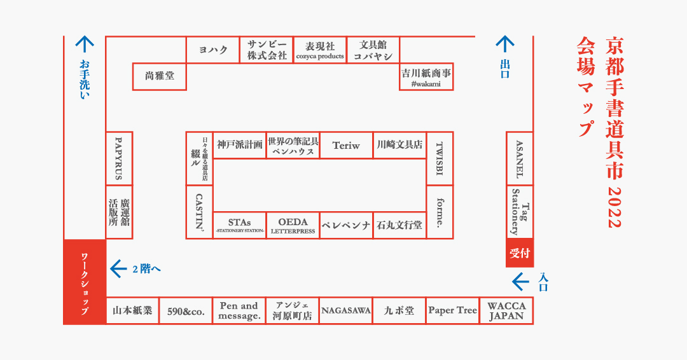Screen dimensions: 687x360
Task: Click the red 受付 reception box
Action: pyautogui.click(x=520, y=253)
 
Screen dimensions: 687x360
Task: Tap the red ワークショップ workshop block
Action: pyautogui.click(x=85, y=282)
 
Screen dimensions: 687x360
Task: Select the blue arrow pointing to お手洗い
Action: pyautogui.click(x=85, y=44)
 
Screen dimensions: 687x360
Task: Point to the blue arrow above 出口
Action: pyautogui.click(x=504, y=44)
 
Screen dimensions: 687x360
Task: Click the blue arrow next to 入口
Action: pyautogui.click(x=520, y=282)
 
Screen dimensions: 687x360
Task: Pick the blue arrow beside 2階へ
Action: pyautogui.click(x=118, y=269)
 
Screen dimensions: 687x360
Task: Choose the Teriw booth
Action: pyautogui.click(x=346, y=146)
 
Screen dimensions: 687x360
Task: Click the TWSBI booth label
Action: pyautogui.click(x=440, y=158)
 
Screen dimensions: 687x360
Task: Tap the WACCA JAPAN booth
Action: pyautogui.click(x=506, y=311)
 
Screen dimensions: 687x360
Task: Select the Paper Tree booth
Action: pyautogui.click(x=453, y=311)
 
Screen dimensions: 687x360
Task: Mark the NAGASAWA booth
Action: pyautogui.click(x=345, y=311)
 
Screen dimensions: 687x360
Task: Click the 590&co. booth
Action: pyautogui.click(x=186, y=311)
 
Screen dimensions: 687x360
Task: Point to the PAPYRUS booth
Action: pyautogui.click(x=119, y=158)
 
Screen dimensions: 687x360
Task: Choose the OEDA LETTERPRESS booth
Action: pyautogui.click(x=293, y=226)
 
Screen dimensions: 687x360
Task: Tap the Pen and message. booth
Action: pyautogui.click(x=239, y=311)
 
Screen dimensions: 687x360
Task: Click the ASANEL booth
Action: pyautogui.click(x=520, y=158)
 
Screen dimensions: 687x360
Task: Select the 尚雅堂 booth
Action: pyautogui.click(x=160, y=76)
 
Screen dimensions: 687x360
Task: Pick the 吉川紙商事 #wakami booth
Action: pyautogui.click(x=426, y=76)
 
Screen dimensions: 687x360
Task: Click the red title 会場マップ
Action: pyautogui.click(x=586, y=87)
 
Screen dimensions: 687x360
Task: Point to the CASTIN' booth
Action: pyautogui.click(x=199, y=212)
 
